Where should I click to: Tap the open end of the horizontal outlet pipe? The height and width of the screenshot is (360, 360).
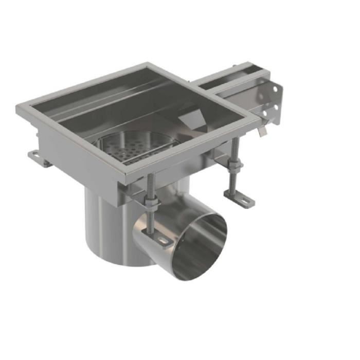(201, 247)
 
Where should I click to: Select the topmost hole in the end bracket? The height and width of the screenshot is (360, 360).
(275, 89)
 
